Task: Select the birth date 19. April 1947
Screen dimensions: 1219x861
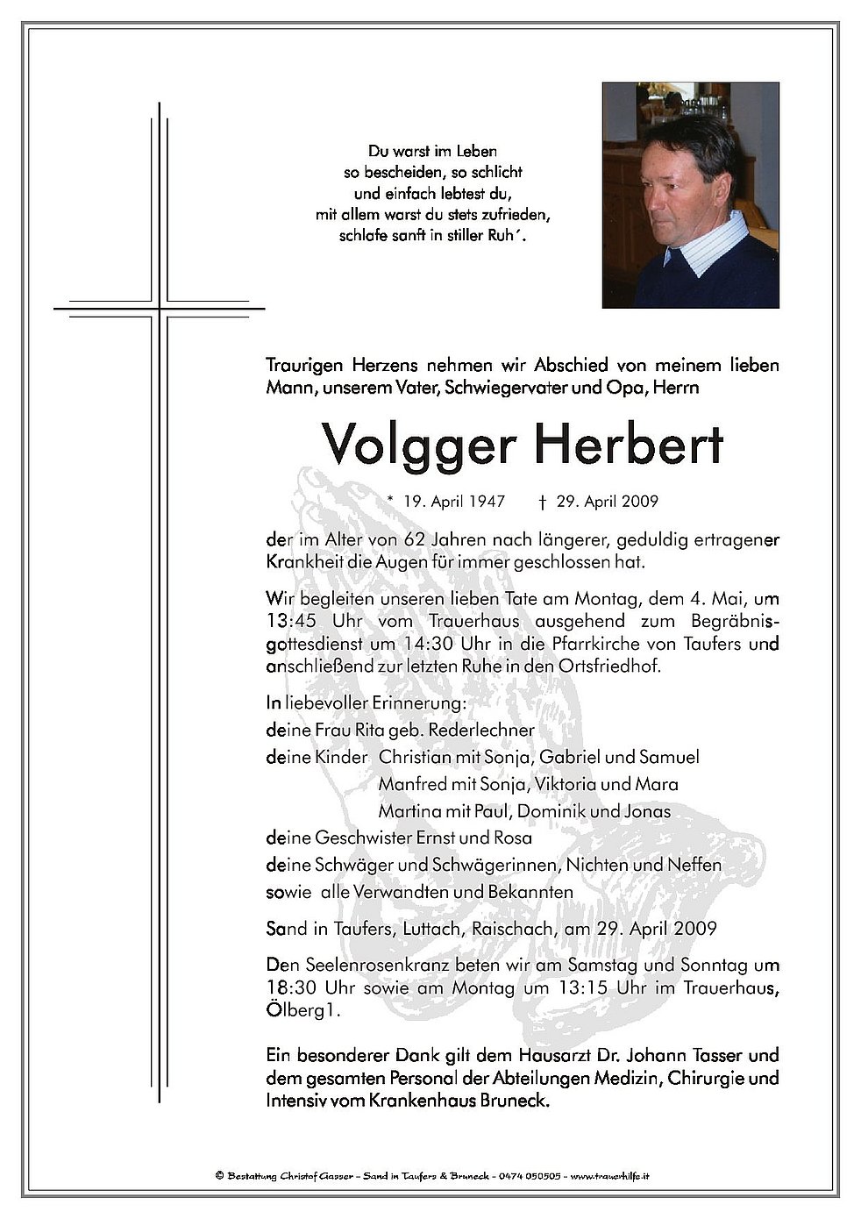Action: pos(454,502)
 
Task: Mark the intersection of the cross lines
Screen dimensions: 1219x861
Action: pos(160,309)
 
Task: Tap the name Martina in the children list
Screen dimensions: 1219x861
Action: pos(409,811)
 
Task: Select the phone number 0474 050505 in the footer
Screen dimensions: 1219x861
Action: pos(529,1175)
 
